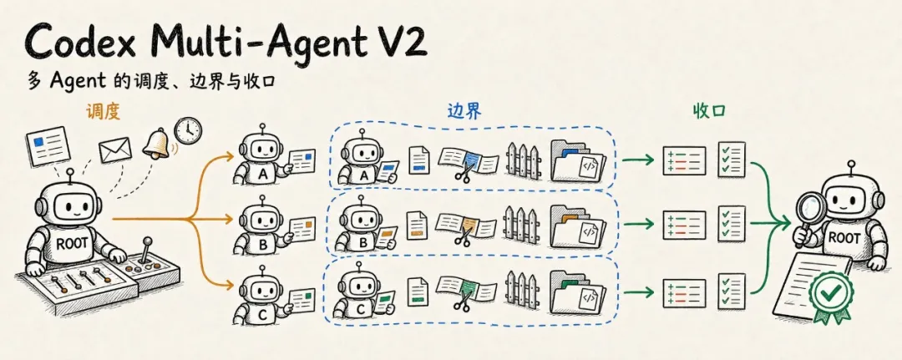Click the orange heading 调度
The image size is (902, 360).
point(103,111)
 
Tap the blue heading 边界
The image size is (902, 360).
point(464,112)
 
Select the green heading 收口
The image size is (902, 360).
point(709,111)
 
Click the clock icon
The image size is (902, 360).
point(189,130)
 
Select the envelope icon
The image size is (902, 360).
point(115,150)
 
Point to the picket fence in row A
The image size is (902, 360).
point(524,160)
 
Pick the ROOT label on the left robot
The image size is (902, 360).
point(72,243)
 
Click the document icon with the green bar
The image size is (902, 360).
point(418,292)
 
